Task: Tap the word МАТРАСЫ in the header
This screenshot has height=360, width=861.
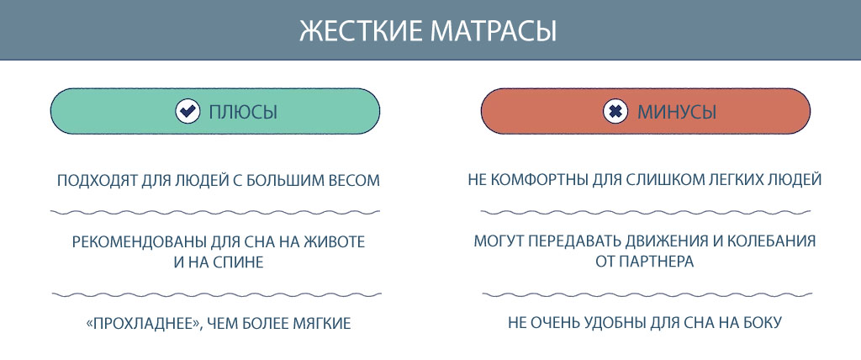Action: pyautogui.click(x=493, y=31)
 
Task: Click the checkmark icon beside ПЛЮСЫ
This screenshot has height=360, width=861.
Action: pyautogui.click(x=188, y=112)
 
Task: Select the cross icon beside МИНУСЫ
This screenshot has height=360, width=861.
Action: pyautogui.click(x=615, y=112)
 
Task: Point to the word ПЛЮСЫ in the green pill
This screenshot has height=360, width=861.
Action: pyautogui.click(x=243, y=112)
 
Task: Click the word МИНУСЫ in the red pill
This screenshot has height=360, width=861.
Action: pyautogui.click(x=677, y=112)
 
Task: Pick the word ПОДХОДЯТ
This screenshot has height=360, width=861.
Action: pyautogui.click(x=90, y=181)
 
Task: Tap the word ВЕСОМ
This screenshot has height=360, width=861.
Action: pyautogui.click(x=356, y=181)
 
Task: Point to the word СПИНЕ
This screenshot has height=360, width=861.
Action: pyautogui.click(x=240, y=262)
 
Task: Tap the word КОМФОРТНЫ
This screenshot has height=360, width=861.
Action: pyautogui.click(x=540, y=181)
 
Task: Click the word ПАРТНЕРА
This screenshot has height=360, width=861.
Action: pyautogui.click(x=656, y=262)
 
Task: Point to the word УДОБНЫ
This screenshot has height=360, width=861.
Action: pyautogui.click(x=615, y=323)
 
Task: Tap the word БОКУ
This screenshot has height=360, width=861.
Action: pyautogui.click(x=761, y=323)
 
